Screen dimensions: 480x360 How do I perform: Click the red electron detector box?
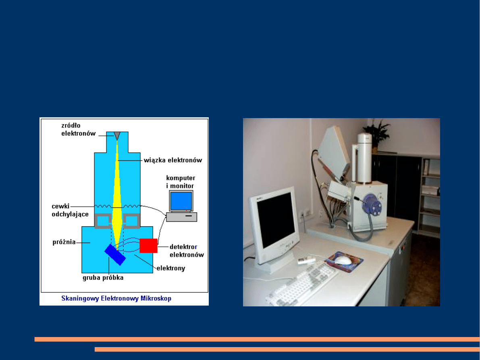[x=148, y=246]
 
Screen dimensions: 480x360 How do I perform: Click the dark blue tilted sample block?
[x=115, y=255]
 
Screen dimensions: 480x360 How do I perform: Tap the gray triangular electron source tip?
[x=117, y=136]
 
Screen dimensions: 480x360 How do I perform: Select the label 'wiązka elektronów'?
[x=173, y=160]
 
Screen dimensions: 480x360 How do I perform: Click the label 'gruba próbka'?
[x=103, y=278]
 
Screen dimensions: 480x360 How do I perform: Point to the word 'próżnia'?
[x=64, y=242]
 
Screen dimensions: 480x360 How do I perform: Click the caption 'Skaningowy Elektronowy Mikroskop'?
[x=116, y=298]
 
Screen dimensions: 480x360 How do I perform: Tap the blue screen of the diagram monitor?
[x=181, y=201]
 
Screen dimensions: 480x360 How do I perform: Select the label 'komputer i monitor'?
[x=181, y=182]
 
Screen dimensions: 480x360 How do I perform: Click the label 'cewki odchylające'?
[x=70, y=210]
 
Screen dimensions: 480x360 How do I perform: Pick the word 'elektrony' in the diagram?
[x=171, y=268]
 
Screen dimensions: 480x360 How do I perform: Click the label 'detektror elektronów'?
[x=187, y=251]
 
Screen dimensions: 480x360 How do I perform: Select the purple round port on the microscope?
[x=371, y=204]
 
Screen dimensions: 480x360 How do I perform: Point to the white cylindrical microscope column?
[x=364, y=158]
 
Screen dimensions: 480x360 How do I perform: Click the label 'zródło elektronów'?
[x=78, y=129]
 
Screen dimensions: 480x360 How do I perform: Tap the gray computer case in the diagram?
[x=181, y=217]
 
